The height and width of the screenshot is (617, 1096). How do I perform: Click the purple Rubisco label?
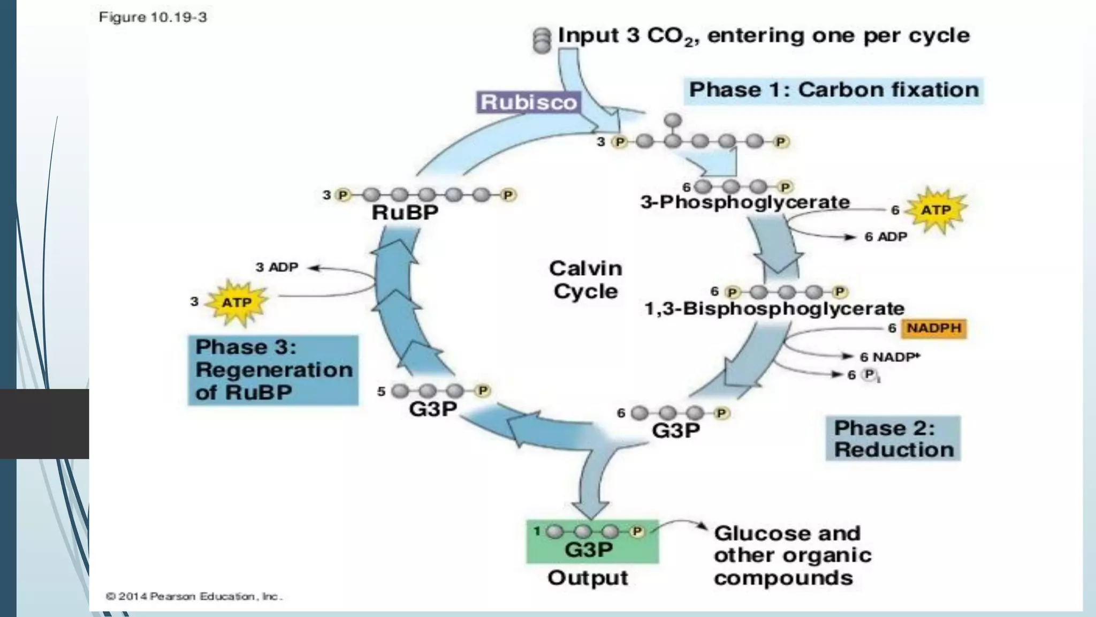coord(528,102)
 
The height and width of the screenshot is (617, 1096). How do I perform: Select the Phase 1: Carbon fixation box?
coord(833,90)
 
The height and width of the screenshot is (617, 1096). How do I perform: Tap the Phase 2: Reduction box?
coord(893,439)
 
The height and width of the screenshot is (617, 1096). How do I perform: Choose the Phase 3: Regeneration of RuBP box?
coord(273,370)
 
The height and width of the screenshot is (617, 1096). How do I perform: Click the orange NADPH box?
coord(934,328)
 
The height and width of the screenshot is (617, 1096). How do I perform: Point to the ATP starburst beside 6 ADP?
coord(935,210)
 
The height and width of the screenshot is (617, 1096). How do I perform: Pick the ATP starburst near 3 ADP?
coord(237,303)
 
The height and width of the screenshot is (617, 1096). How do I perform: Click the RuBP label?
coord(405,213)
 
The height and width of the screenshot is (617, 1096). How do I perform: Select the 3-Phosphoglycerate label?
coord(745,202)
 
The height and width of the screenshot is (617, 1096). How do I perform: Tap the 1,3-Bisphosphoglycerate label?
coord(774,308)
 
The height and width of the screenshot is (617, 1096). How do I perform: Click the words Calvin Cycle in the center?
coord(585,280)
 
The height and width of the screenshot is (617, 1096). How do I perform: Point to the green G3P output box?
coord(592,541)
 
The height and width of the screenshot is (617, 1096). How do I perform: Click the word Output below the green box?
coord(588,578)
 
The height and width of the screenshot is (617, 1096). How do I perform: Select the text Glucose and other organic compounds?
coord(792,555)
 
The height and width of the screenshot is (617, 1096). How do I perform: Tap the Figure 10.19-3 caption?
coord(153,17)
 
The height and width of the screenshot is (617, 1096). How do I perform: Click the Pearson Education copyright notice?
coord(194,596)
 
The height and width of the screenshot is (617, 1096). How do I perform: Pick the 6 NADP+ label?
coord(889,357)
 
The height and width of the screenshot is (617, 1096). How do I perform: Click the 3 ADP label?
coord(277,267)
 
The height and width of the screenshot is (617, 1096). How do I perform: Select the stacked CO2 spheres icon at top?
coord(542,40)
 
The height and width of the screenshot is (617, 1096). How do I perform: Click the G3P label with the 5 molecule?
coord(432,409)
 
